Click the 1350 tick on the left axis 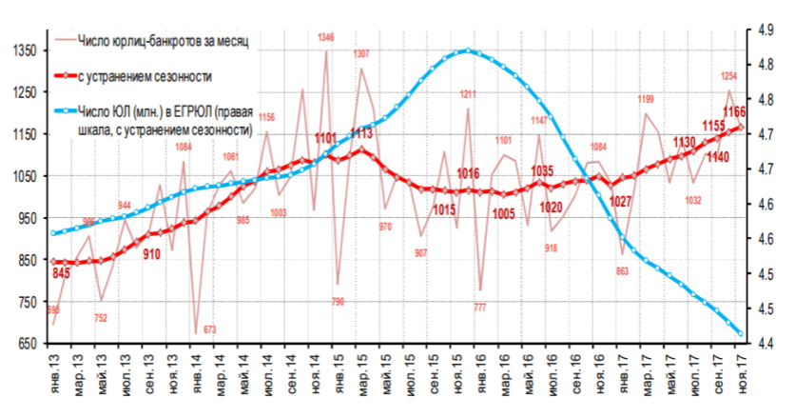20,50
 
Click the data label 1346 326,37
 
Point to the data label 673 210,329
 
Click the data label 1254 730,76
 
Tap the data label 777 480,307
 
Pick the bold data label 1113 361,133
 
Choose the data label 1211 468,93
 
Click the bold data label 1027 621,200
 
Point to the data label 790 338,301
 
